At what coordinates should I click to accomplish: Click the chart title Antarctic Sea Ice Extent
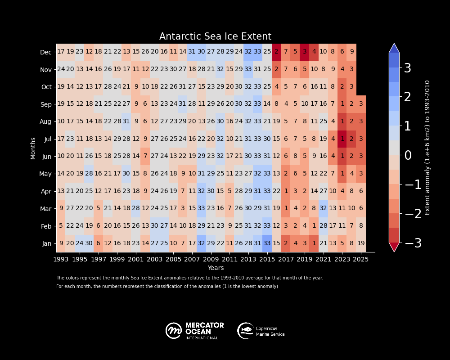coord(215,37)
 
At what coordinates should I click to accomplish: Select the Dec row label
coord(46,52)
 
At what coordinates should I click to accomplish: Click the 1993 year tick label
coord(61,259)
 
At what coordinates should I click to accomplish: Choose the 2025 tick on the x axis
coord(361,259)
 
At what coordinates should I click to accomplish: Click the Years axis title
coord(216,268)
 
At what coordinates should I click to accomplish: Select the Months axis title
coord(33,148)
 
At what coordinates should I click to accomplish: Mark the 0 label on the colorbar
coord(408,156)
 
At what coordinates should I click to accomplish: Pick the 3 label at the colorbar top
coord(408,68)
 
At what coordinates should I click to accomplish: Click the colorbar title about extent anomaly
coord(427,148)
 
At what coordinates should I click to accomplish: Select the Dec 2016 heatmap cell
coord(276,52)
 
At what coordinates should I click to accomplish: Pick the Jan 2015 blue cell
coord(267,243)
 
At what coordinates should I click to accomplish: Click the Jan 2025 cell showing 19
coord(361,243)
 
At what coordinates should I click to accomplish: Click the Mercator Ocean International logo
coord(194,331)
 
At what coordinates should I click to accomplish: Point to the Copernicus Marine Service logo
coord(261,331)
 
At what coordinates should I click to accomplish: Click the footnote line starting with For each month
coord(167,287)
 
